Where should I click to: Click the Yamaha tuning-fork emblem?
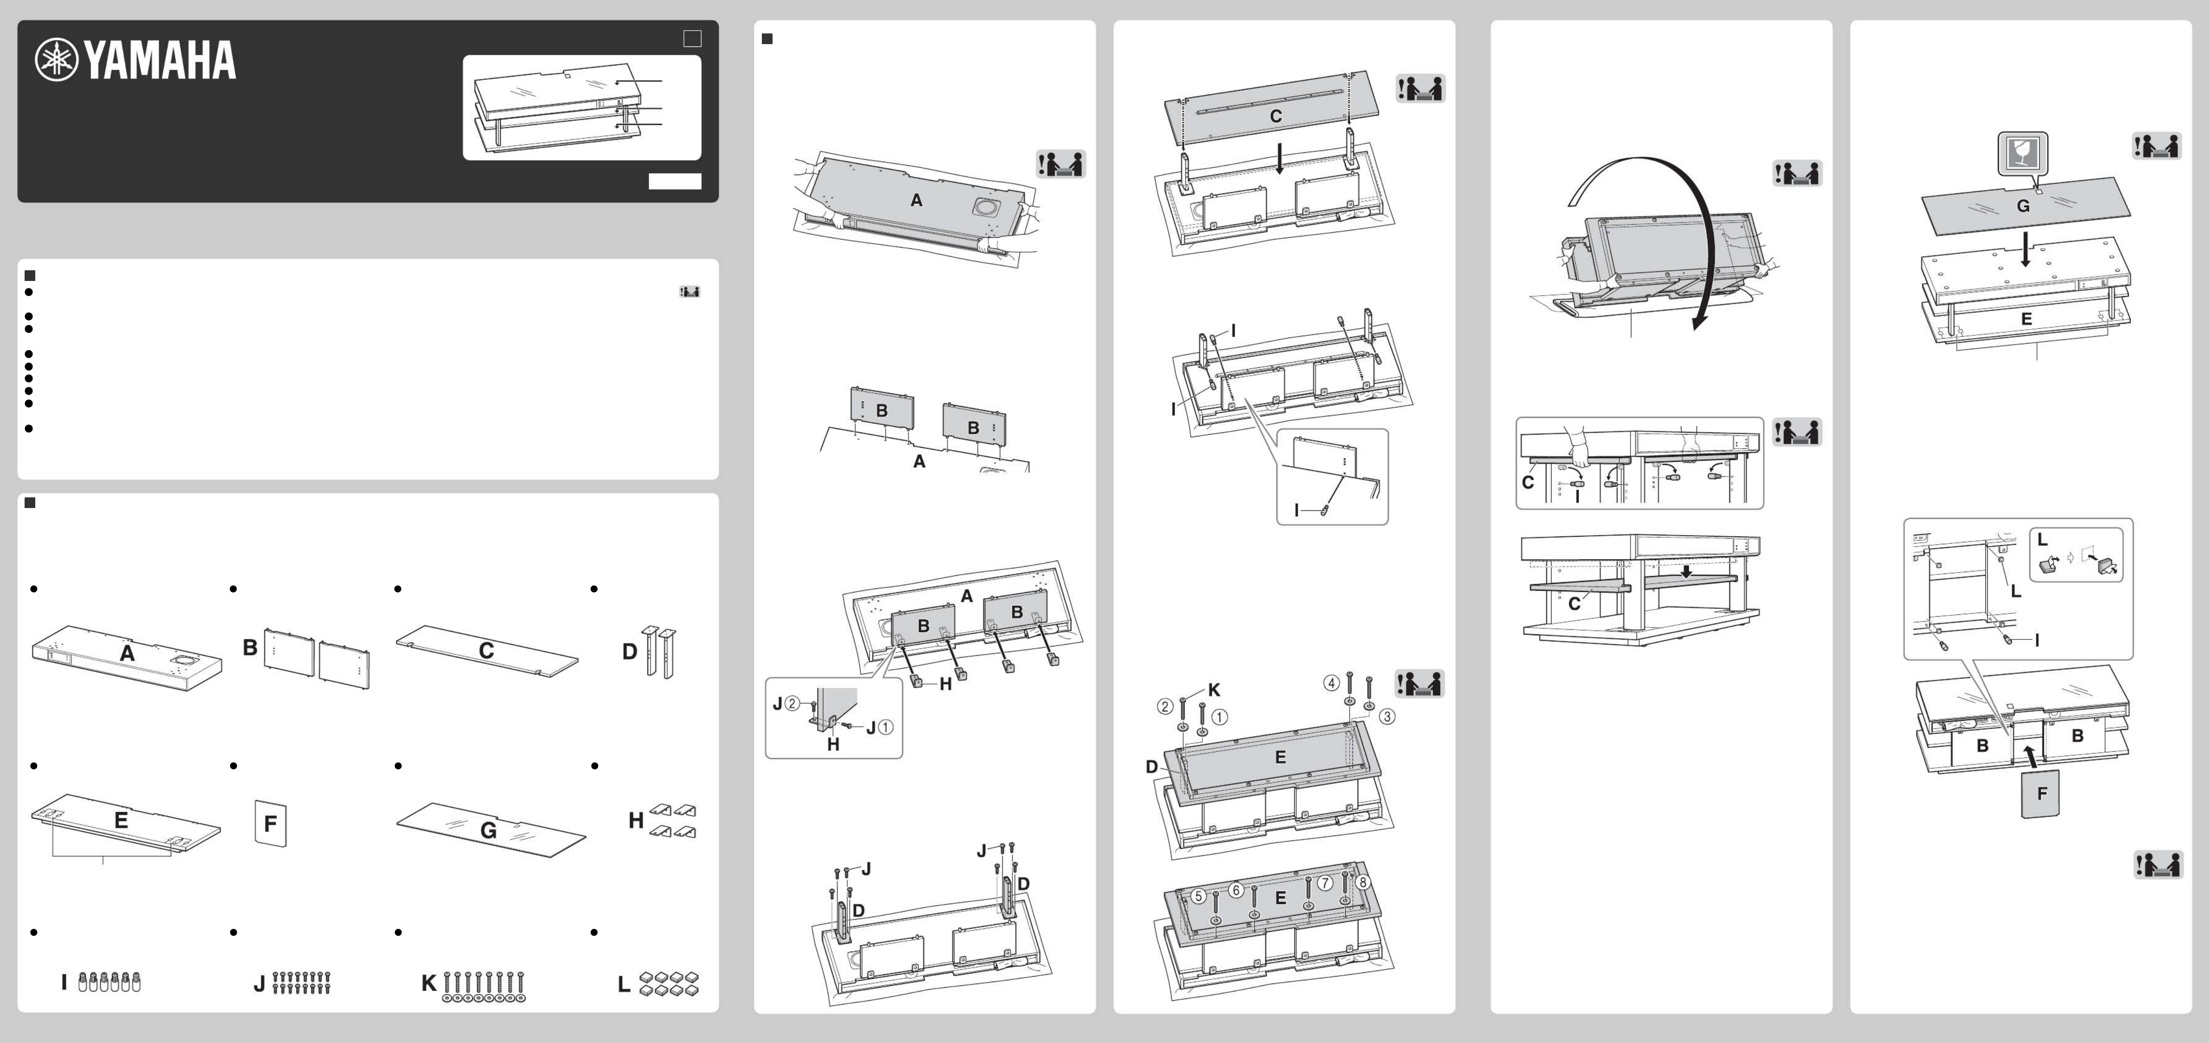(56, 60)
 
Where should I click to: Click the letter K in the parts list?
(429, 984)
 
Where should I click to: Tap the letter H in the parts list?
(636, 821)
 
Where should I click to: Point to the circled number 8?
(1362, 881)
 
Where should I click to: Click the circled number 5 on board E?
(1198, 895)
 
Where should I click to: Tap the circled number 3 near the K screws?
(1386, 716)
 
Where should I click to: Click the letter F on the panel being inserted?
(2042, 793)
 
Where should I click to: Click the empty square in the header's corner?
(691, 39)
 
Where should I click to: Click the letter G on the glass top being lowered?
(2023, 206)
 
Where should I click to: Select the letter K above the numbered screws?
(1214, 689)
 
